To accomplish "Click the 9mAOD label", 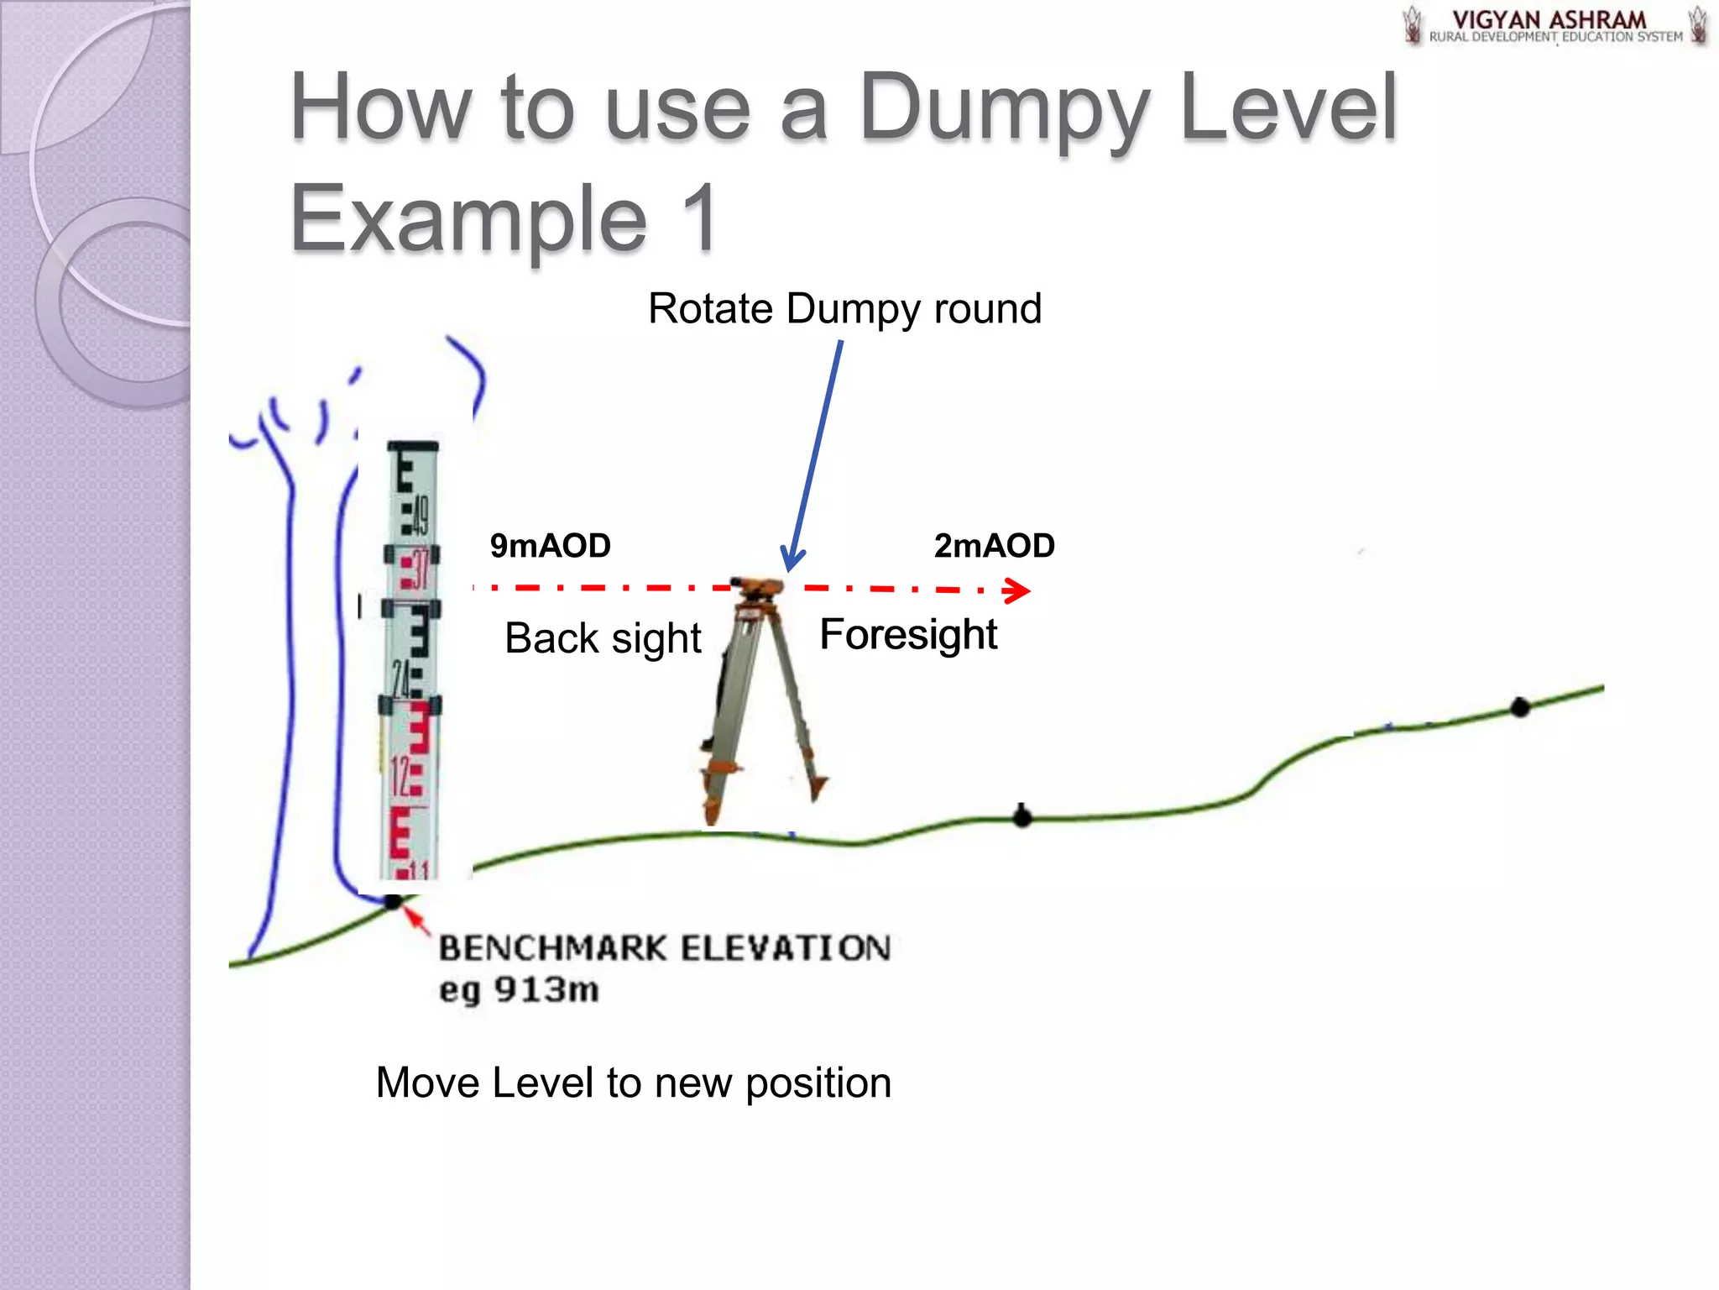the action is [x=550, y=546].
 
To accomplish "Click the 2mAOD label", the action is [x=994, y=546].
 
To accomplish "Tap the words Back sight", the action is [x=603, y=638].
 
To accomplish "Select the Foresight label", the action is [x=908, y=634].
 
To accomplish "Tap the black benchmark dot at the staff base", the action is [x=393, y=902].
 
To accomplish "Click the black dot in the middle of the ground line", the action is [x=1021, y=816].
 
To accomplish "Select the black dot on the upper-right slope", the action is [x=1520, y=707].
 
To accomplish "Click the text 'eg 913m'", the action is [x=519, y=989].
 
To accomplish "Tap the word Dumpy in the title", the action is [x=1003, y=109].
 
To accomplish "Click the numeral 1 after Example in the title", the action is [x=697, y=218].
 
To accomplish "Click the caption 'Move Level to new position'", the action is [x=633, y=1083].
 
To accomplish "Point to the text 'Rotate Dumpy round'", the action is [x=844, y=308].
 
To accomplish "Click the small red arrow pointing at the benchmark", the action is [x=416, y=920].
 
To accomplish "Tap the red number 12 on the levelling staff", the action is [x=400, y=777].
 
